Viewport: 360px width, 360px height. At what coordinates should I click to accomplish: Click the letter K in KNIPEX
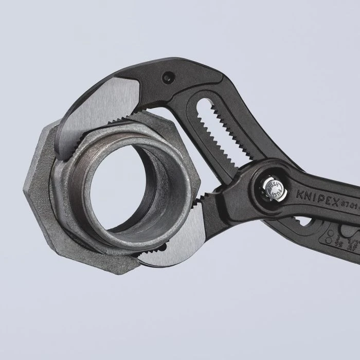pyautogui.click(x=299, y=193)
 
